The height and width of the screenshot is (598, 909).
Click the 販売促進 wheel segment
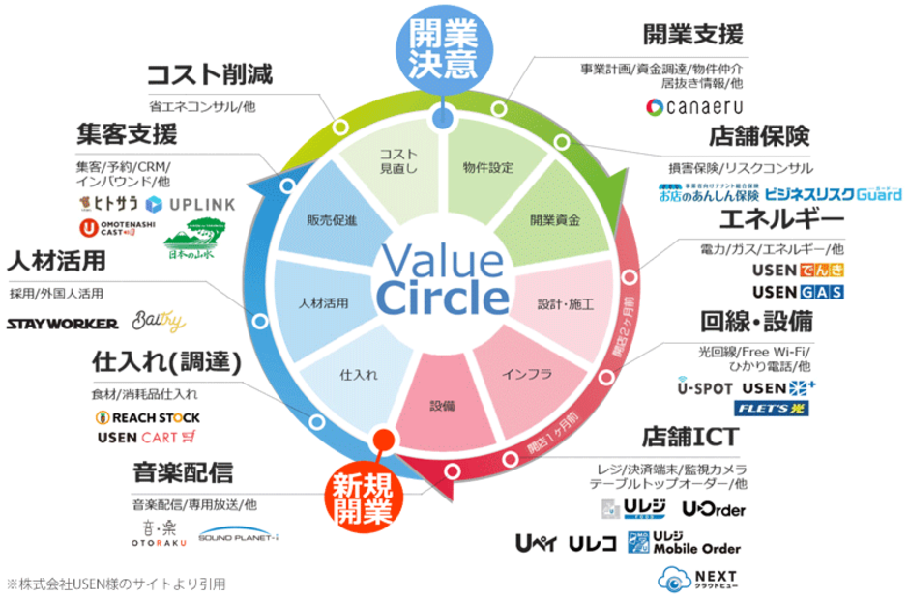click(x=332, y=219)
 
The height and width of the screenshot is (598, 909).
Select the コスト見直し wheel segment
click(x=396, y=161)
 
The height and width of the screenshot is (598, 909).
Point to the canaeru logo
click(x=695, y=106)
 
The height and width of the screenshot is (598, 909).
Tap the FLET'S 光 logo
click(x=771, y=408)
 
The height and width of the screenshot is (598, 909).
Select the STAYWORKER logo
click(x=62, y=323)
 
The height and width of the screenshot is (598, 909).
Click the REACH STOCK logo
click(x=147, y=417)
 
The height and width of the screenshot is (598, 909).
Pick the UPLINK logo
click(x=190, y=205)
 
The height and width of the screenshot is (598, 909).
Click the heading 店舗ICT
click(x=689, y=437)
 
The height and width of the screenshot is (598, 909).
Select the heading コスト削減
click(x=209, y=74)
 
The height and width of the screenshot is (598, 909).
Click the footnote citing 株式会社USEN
click(x=116, y=584)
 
